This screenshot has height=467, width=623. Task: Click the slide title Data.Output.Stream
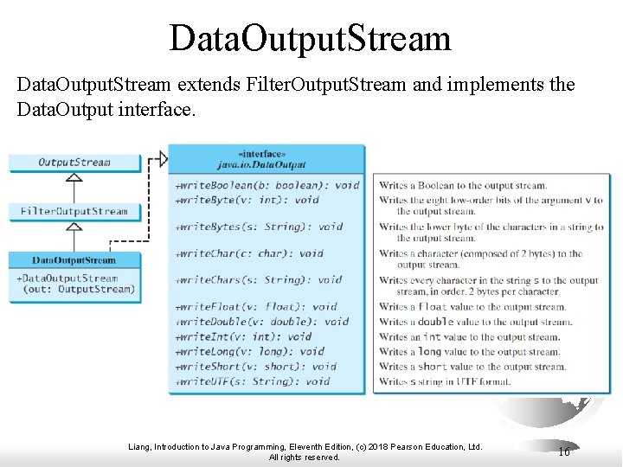click(311, 38)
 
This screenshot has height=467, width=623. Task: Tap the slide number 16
click(563, 451)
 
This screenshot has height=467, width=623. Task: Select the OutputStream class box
click(74, 162)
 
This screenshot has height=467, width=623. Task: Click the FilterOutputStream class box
click(74, 211)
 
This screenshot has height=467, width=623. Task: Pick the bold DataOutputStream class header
click(74, 260)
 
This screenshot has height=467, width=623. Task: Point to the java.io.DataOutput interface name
click(267, 163)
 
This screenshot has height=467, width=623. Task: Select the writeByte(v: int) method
click(247, 200)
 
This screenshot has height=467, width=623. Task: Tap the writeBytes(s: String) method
click(259, 227)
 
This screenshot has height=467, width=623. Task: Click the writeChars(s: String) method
click(259, 280)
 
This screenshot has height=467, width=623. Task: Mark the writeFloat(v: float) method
click(256, 306)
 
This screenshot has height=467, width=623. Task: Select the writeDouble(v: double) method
click(262, 321)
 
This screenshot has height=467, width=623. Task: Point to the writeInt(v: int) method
click(244, 336)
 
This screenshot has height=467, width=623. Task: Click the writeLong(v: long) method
click(250, 351)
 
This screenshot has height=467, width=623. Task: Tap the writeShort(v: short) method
click(256, 366)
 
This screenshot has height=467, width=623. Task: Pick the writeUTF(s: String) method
click(253, 381)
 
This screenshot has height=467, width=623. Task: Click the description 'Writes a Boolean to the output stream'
click(463, 185)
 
